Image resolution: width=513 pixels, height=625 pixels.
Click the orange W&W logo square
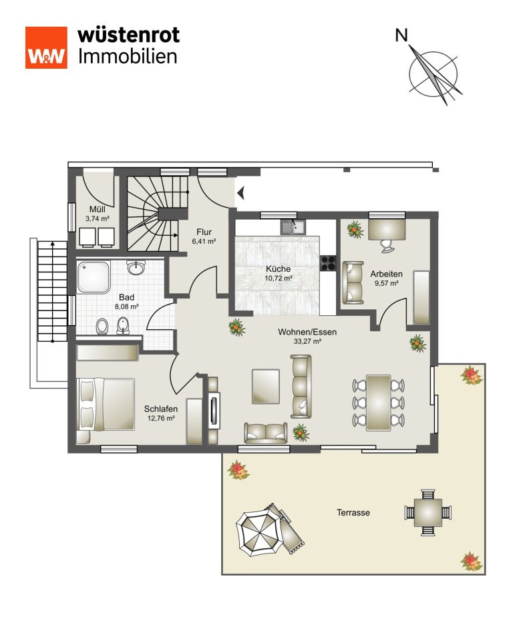click(46, 48)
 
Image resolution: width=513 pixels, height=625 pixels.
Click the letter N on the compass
click(401, 35)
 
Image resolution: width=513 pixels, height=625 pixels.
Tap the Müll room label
click(98, 209)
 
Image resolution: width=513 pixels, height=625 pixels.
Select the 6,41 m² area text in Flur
click(204, 241)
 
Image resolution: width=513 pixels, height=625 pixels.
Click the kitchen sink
click(293, 227)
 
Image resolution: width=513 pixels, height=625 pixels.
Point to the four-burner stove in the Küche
click(329, 263)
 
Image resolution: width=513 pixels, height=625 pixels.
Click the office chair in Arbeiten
click(387, 246)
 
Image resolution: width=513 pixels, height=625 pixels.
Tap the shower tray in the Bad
click(94, 277)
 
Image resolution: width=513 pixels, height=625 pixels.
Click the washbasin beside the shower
click(136, 267)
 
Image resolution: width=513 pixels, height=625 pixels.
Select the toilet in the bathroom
click(102, 327)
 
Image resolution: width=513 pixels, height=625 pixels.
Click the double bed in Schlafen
click(106, 404)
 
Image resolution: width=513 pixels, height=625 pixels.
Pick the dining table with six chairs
click(378, 403)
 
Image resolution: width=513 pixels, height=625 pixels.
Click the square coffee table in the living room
click(265, 386)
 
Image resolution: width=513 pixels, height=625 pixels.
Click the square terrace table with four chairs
click(427, 512)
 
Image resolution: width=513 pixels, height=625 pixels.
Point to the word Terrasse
click(353, 513)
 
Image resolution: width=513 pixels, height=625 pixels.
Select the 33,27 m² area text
click(307, 341)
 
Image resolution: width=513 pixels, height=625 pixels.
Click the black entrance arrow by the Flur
click(240, 194)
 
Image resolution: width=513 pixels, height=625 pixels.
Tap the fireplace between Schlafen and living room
click(214, 411)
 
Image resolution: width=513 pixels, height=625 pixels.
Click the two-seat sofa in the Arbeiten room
click(353, 282)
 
